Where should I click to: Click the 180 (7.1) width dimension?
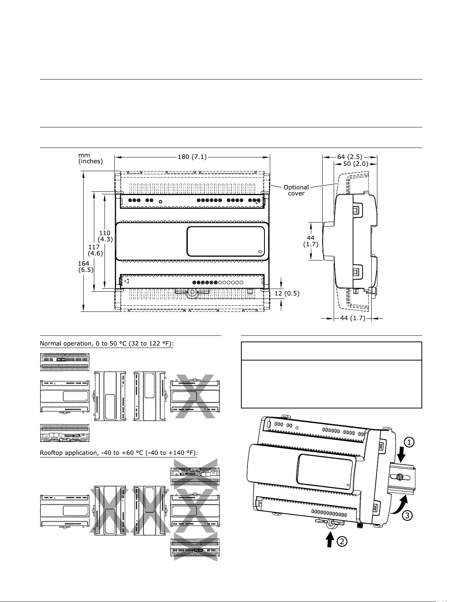click(192, 157)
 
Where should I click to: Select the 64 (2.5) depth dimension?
click(350, 157)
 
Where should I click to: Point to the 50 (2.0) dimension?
click(356, 164)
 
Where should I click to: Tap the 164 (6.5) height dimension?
click(86, 267)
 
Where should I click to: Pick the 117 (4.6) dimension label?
click(95, 250)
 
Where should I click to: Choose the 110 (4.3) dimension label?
click(105, 236)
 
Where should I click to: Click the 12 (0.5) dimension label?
click(287, 294)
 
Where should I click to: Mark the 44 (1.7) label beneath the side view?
click(353, 318)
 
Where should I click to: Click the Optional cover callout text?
click(296, 191)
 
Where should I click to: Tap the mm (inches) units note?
click(90, 158)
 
